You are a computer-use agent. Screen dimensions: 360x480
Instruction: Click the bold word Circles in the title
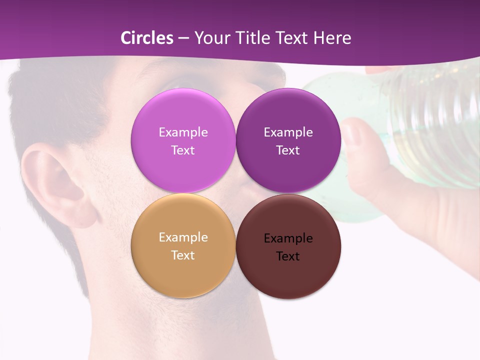pyautogui.click(x=146, y=38)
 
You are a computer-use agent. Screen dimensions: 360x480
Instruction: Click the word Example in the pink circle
pyautogui.click(x=183, y=132)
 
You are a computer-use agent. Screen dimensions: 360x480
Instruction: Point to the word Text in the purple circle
pyautogui.click(x=288, y=150)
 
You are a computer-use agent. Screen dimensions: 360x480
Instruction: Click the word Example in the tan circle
pyautogui.click(x=183, y=237)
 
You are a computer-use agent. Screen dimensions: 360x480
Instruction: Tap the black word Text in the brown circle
pyautogui.click(x=288, y=256)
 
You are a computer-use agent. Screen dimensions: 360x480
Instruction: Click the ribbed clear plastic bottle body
pyautogui.click(x=435, y=130)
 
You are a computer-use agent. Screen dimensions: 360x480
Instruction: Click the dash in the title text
pyautogui.click(x=183, y=38)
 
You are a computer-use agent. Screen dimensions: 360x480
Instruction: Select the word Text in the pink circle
pyautogui.click(x=183, y=150)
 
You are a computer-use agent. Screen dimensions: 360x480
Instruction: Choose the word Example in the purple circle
pyautogui.click(x=288, y=132)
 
